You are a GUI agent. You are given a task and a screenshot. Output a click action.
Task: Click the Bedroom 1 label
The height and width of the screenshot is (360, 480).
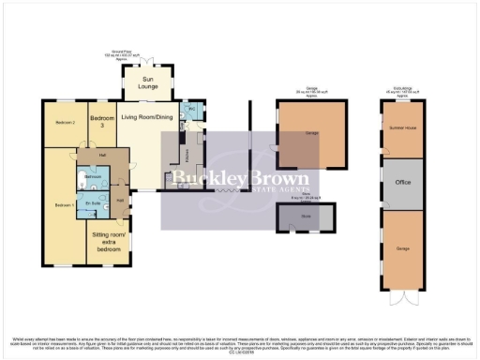point(62,204)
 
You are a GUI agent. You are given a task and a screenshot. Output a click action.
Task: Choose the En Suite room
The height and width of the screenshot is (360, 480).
point(92,203)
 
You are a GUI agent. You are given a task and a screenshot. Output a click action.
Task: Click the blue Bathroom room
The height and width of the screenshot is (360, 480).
point(94,176)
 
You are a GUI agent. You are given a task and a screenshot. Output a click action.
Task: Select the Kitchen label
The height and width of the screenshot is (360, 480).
point(186,150)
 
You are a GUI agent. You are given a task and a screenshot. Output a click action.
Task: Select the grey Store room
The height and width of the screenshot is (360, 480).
point(305,217)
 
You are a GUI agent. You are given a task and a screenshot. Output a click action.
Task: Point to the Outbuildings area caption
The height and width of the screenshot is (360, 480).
point(403,92)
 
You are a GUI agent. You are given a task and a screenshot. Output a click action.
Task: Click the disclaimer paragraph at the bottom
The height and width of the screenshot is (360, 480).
point(240,343)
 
